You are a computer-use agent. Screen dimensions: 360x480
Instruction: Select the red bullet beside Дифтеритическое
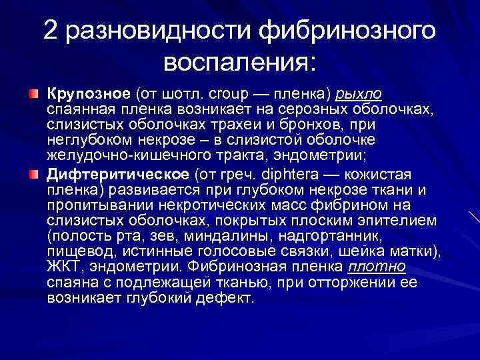pos(33,175)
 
